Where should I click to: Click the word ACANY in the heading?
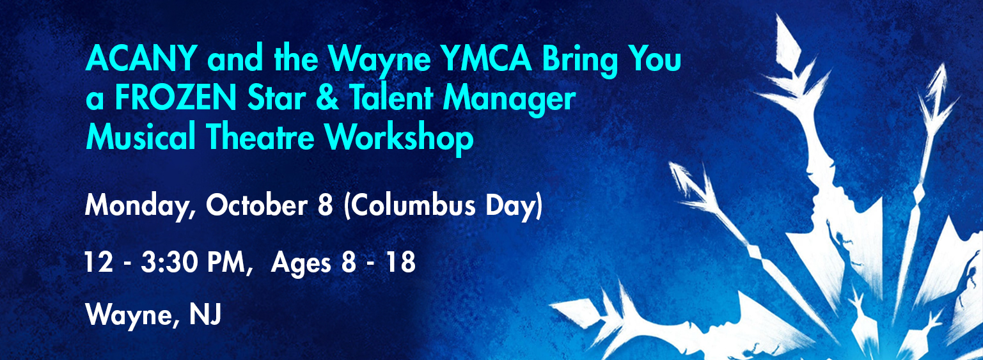[x=141, y=58]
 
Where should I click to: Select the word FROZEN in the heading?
[x=175, y=98]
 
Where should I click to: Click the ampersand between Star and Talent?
[x=327, y=98]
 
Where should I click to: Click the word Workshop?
[x=399, y=139]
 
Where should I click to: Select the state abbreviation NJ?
[x=205, y=315]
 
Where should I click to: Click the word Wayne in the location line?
[x=132, y=316]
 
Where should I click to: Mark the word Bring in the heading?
[x=579, y=61]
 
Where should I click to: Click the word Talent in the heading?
[x=391, y=98]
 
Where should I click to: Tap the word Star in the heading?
[x=276, y=98]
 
